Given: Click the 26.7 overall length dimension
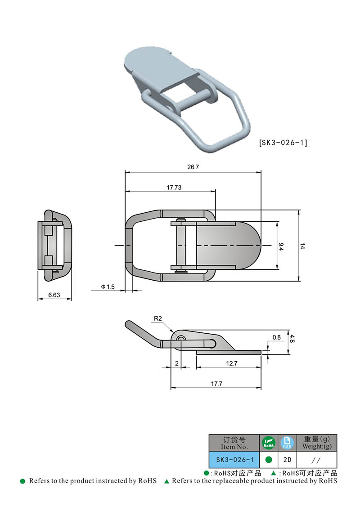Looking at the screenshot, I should (193, 167).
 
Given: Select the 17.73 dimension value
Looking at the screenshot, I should (174, 187).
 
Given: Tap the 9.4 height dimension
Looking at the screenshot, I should (281, 246).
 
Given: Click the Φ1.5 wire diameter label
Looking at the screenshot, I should (108, 287).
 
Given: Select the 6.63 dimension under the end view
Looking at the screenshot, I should (54, 295).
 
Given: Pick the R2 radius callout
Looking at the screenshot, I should (157, 318).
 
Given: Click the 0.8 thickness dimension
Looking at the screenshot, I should (276, 337).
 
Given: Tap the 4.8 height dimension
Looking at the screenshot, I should (292, 339).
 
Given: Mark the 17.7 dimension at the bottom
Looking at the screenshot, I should (216, 384).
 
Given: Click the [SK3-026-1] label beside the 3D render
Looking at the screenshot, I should (283, 143).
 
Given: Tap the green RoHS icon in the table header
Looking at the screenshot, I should (269, 443).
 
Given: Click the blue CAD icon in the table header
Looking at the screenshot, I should (287, 443).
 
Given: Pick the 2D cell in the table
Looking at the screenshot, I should (287, 460).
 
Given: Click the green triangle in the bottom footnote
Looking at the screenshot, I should (166, 481).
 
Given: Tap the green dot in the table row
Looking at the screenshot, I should (269, 460).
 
